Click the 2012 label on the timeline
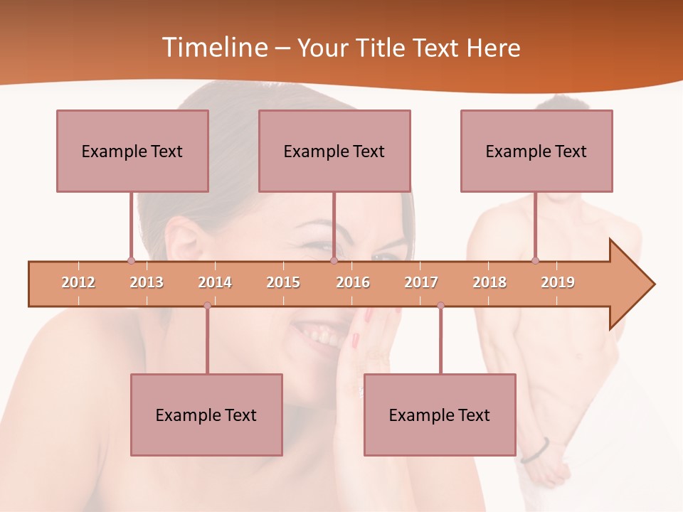tap(78, 282)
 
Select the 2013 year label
tap(147, 282)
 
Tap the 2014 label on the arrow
tap(215, 282)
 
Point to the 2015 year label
tap(283, 282)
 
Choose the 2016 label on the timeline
tap(353, 282)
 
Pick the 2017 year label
tap(421, 282)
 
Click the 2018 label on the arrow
tap(489, 282)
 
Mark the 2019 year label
tap(558, 282)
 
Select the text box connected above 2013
tap(132, 151)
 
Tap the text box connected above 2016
tap(334, 151)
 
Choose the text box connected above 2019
tap(536, 151)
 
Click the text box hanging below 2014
tap(206, 415)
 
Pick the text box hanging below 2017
tap(440, 415)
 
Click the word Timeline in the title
tap(213, 48)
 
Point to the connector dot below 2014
tap(207, 306)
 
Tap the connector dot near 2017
tap(440, 306)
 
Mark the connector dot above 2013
tap(131, 260)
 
